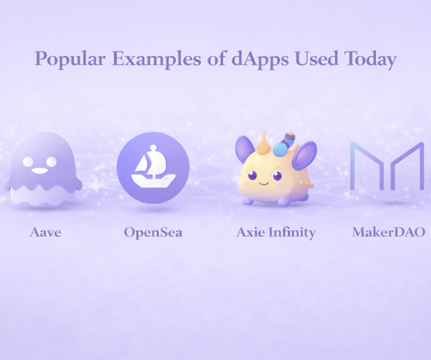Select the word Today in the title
click(x=370, y=59)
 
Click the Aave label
click(x=45, y=233)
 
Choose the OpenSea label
click(x=153, y=233)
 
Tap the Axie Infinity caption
click(x=276, y=233)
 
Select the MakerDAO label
click(x=389, y=233)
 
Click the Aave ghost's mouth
click(x=40, y=171)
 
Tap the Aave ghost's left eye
click(x=28, y=161)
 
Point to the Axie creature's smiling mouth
click(x=263, y=182)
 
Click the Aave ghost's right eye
click(x=51, y=161)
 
